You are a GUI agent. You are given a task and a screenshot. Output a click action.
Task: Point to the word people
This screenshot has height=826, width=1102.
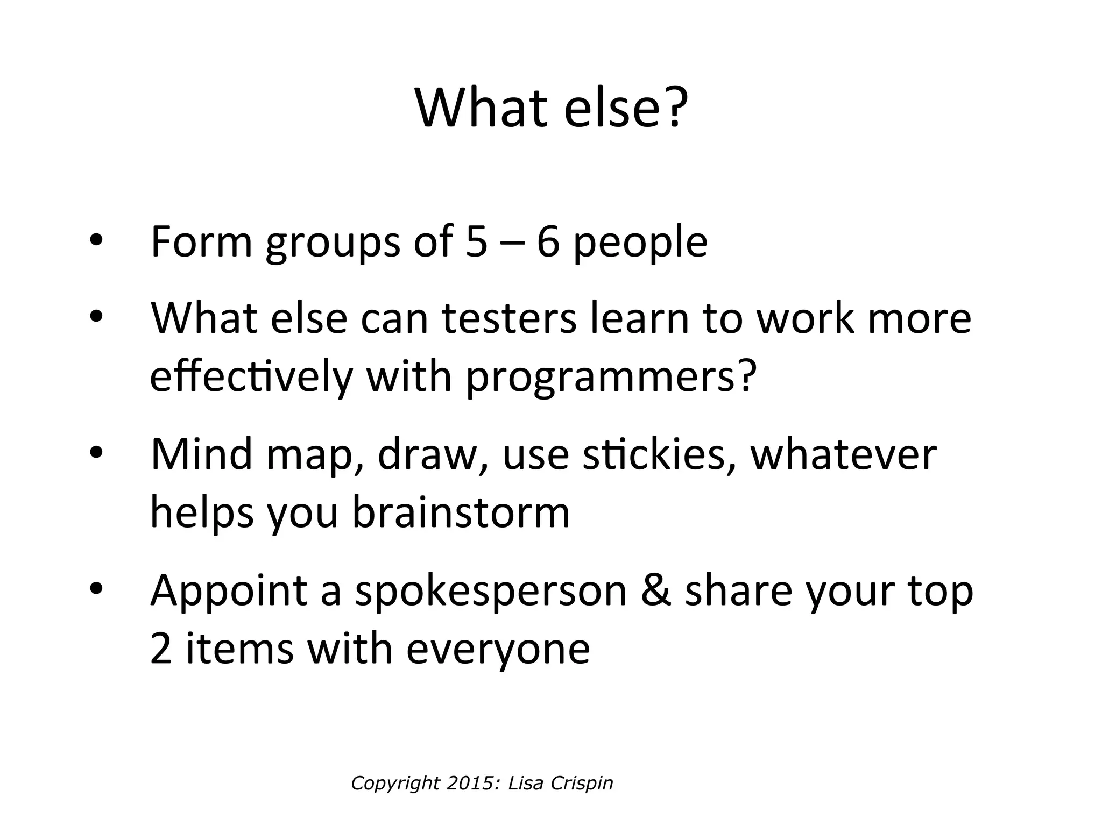click(x=640, y=245)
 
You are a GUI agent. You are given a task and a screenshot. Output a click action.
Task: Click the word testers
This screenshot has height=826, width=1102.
click(x=508, y=318)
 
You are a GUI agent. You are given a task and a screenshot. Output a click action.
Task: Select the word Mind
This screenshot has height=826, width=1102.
click(x=201, y=454)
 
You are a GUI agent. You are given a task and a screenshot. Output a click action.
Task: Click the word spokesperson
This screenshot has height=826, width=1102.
click(x=491, y=594)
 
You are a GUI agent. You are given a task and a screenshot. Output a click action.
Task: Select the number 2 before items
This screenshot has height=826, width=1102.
click(x=161, y=649)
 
